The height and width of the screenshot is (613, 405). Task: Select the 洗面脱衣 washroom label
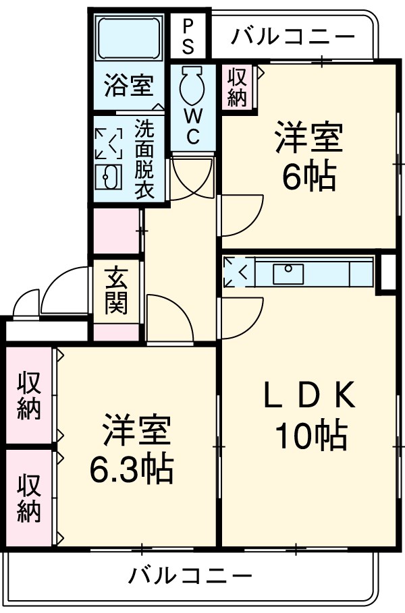pos(143,158)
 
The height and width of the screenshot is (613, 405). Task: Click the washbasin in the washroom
pos(107,179)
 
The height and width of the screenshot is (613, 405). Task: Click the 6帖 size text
pos(308,177)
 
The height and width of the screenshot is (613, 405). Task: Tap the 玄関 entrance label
pos(116,291)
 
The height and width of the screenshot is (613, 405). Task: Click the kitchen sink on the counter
pos(288,273)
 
